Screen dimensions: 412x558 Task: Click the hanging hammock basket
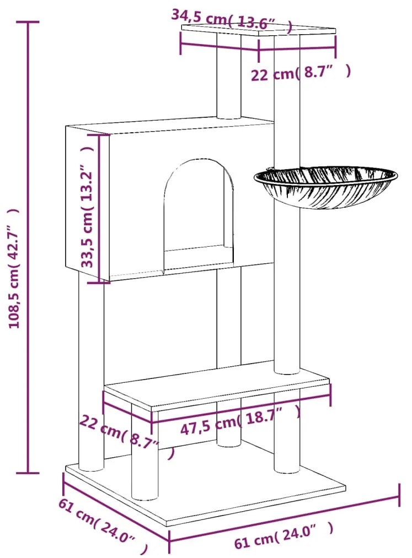[325, 187]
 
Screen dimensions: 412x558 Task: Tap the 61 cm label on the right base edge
[283, 536]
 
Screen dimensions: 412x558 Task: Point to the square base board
[205, 494]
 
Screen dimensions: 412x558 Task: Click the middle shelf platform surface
[217, 388]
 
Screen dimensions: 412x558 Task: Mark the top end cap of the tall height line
[28, 22]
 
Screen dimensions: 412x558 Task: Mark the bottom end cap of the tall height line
[28, 473]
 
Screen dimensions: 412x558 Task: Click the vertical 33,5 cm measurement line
[99, 209]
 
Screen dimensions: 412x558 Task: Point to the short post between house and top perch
[228, 76]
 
